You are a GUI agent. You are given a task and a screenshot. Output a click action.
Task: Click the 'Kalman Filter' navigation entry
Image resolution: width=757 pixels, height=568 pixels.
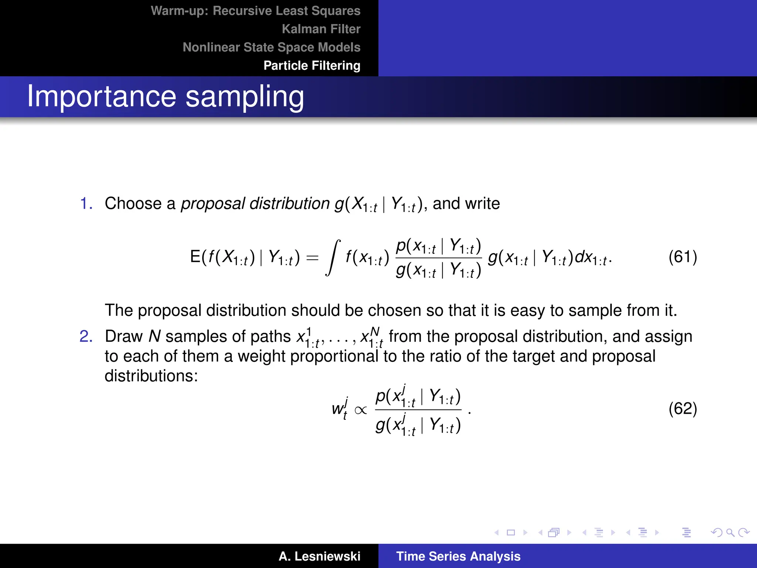coord(321,29)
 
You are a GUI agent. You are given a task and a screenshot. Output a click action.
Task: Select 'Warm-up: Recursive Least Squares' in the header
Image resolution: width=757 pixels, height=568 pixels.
coord(255,11)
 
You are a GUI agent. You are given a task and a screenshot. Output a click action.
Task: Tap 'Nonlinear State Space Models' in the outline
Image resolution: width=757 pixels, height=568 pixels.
coord(271,47)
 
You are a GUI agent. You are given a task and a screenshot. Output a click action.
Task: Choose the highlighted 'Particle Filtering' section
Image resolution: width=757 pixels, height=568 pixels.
coord(312,65)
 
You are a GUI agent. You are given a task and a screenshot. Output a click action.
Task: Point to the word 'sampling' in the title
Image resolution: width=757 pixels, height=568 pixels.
coord(245,97)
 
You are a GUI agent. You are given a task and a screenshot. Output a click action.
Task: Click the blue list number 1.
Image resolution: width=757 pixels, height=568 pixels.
coord(86,203)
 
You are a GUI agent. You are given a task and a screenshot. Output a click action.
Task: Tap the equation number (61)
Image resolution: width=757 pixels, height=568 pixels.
coord(682,257)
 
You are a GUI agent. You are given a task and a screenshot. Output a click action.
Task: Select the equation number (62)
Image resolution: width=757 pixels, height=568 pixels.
coord(682,408)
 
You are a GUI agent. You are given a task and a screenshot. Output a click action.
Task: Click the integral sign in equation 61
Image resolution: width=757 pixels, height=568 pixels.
coord(333,258)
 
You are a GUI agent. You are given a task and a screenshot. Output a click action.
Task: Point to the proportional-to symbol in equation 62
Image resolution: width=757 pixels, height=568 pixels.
coord(360,410)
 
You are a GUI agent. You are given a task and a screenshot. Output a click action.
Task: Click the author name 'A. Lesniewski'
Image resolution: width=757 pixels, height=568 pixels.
coord(319,556)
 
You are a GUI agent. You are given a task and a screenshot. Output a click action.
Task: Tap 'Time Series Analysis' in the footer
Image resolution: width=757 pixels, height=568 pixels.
coord(458,556)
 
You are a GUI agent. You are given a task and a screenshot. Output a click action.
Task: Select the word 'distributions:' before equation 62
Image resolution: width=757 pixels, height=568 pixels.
coord(151,376)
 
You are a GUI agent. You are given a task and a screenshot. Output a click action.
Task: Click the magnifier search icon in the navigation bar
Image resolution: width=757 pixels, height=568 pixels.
coord(730,532)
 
